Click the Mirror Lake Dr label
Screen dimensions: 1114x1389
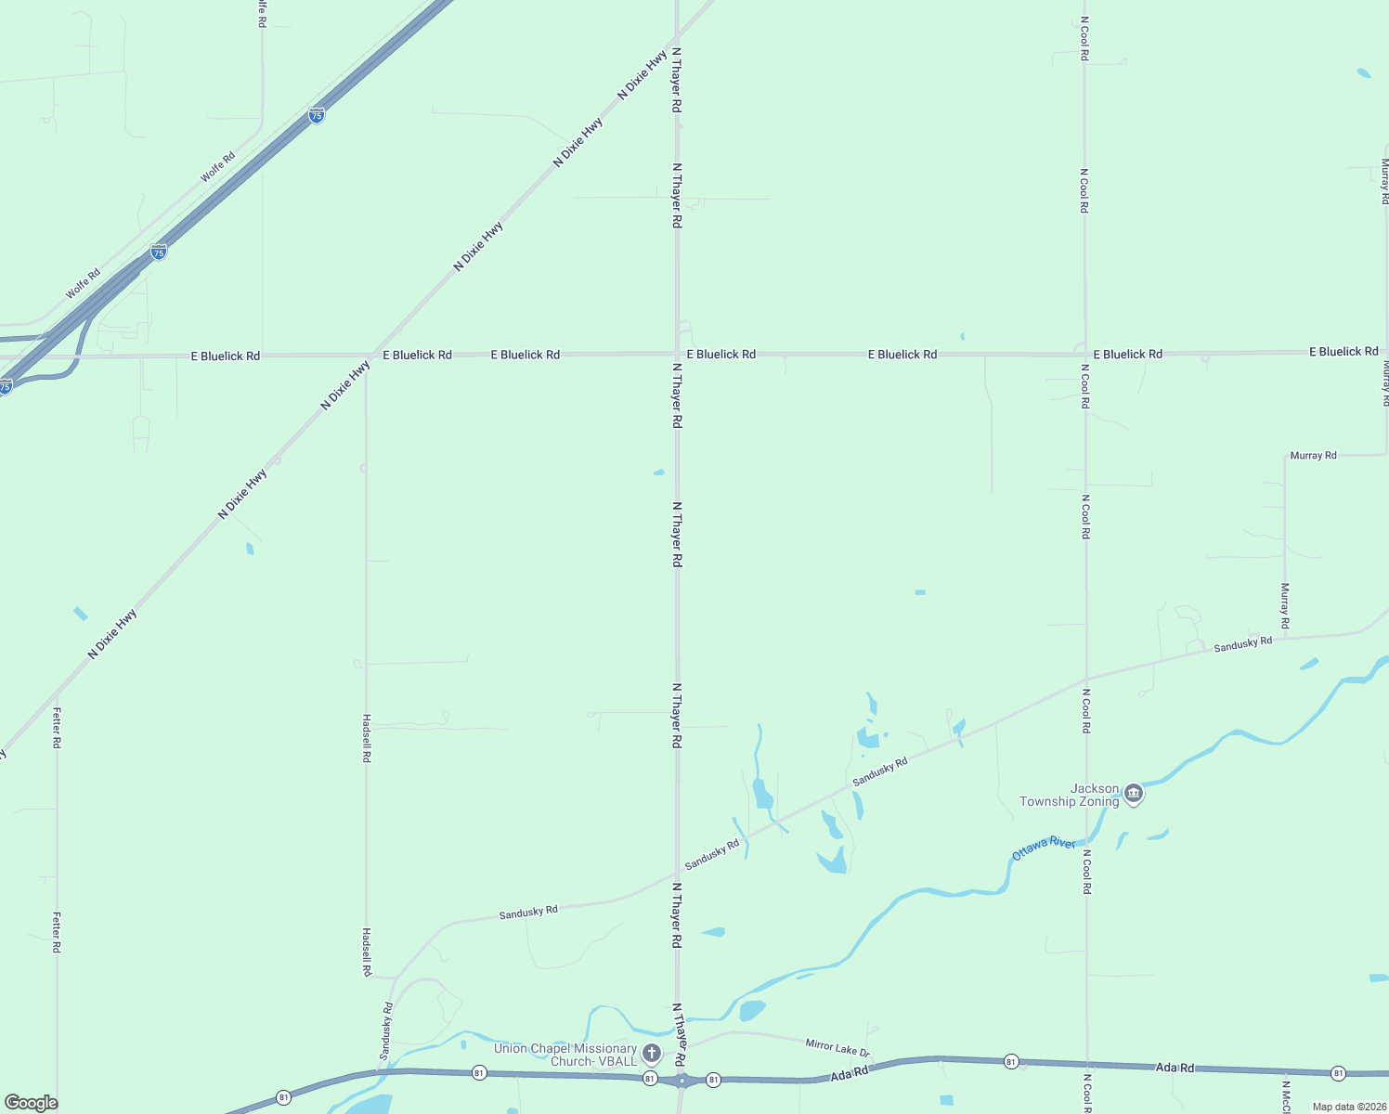click(x=837, y=1048)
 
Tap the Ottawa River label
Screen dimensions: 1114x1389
click(x=1043, y=848)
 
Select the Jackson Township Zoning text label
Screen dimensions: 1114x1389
click(x=1069, y=796)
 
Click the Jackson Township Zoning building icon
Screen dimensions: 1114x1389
click(x=1133, y=794)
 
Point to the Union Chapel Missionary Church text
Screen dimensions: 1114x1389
click(x=565, y=1055)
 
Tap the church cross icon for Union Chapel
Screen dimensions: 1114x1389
click(x=652, y=1053)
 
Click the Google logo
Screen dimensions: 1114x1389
click(x=31, y=1103)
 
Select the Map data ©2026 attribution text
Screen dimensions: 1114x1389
click(x=1348, y=1107)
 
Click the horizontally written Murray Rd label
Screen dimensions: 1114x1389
click(x=1313, y=456)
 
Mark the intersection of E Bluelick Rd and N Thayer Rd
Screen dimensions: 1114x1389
click(x=677, y=354)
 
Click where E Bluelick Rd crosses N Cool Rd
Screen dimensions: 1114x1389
click(x=1084, y=354)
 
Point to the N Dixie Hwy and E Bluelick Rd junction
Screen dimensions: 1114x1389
click(x=373, y=355)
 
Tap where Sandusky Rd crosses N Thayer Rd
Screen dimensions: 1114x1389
click(x=677, y=873)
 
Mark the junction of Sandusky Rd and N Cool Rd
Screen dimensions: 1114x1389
click(x=1085, y=679)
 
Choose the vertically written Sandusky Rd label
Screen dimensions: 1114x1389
click(x=385, y=1030)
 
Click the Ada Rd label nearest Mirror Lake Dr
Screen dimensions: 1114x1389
click(x=849, y=1073)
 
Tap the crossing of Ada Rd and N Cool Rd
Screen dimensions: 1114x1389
click(x=1086, y=1064)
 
